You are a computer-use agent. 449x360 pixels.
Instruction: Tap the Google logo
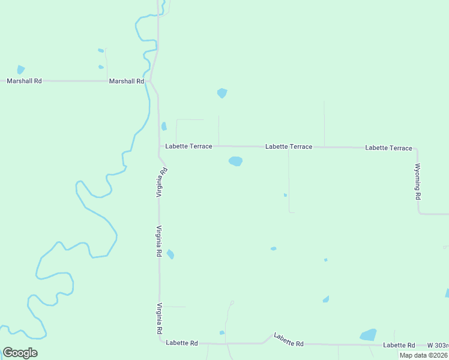(20, 352)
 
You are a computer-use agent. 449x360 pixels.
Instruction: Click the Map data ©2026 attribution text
(423, 355)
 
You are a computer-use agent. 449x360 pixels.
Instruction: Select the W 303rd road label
(438, 345)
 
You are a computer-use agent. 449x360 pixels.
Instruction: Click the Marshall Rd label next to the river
(127, 80)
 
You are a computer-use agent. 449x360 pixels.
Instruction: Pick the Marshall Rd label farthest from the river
(24, 80)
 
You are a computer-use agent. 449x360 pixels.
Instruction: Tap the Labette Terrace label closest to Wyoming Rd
(388, 148)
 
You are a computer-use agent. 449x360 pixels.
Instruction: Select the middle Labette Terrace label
(289, 146)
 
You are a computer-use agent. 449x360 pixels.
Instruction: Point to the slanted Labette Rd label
(288, 340)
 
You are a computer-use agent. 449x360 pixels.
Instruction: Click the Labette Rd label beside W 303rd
(399, 345)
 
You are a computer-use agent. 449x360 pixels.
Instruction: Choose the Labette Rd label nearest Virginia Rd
(182, 343)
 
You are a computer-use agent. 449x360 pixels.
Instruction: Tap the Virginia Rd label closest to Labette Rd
(160, 319)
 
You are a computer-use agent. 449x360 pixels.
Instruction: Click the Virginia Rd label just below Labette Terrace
(161, 182)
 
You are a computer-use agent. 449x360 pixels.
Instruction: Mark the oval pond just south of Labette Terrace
(235, 161)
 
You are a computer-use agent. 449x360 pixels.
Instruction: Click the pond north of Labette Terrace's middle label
(222, 93)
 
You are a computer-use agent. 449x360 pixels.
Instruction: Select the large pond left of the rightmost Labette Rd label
(367, 335)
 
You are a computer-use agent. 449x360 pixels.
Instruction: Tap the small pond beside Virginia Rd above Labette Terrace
(164, 126)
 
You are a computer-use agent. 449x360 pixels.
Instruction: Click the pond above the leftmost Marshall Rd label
(21, 70)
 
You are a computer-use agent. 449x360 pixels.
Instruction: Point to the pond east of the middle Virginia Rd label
(170, 254)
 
